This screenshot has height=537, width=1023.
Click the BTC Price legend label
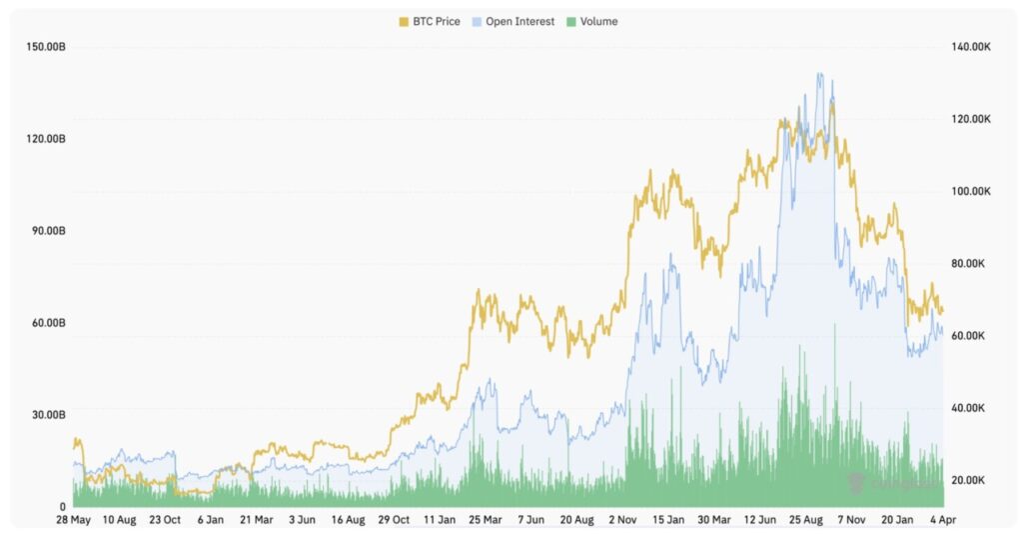pos(435,21)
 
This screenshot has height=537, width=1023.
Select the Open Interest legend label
pos(519,21)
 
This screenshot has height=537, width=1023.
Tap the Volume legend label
pos(598,21)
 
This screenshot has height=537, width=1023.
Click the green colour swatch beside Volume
pos(571,21)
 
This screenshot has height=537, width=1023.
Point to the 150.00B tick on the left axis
pos(46,47)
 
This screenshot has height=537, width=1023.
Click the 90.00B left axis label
pos(47,231)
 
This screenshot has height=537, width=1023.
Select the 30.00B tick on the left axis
pos(47,415)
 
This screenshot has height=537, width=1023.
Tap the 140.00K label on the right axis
pos(970,47)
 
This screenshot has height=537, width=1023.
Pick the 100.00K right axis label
pos(970,191)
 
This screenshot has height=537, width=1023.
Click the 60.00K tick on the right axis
pos(970,336)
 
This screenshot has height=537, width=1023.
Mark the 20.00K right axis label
pos(970,480)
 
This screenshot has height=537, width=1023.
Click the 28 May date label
pos(74,520)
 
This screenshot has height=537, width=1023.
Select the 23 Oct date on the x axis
pos(165,520)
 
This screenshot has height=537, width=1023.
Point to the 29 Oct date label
pos(394,520)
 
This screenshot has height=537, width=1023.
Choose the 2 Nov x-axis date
pos(621,520)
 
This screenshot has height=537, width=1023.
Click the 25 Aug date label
pos(805,520)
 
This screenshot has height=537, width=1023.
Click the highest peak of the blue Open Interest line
pos(819,73)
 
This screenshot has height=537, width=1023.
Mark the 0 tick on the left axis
pos(62,507)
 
